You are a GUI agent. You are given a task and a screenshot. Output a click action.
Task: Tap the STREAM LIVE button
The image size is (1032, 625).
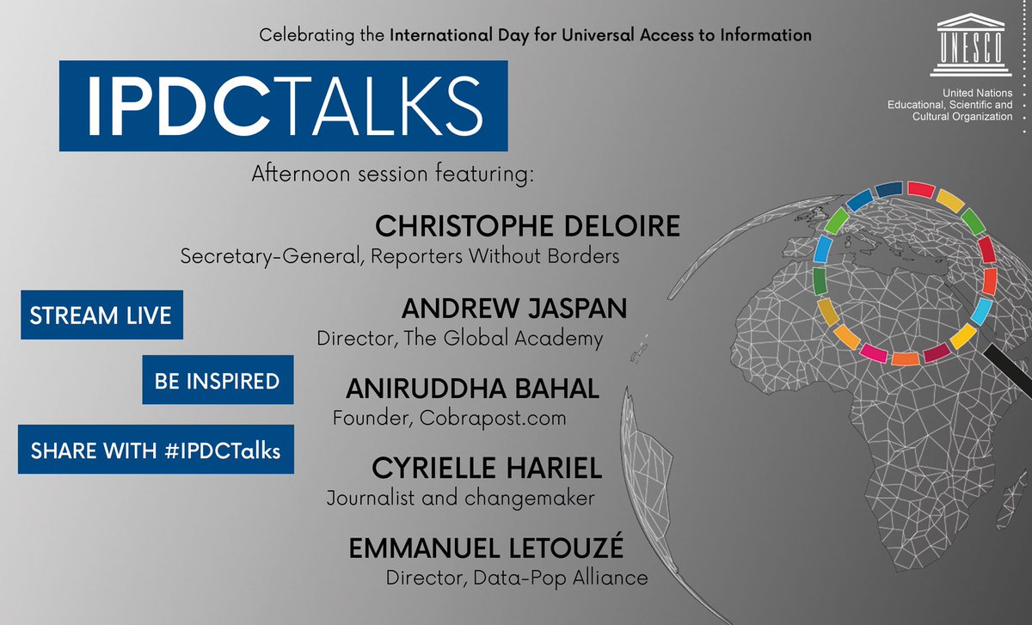[101, 315]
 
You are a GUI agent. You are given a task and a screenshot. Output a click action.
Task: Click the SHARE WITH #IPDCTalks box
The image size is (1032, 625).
[156, 450]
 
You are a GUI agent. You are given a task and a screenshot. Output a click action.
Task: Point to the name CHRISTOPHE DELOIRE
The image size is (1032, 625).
[528, 228]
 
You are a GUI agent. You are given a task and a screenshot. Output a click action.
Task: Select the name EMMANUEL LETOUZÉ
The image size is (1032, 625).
[497, 549]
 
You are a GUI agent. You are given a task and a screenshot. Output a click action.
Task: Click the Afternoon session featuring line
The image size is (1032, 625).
[393, 175]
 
